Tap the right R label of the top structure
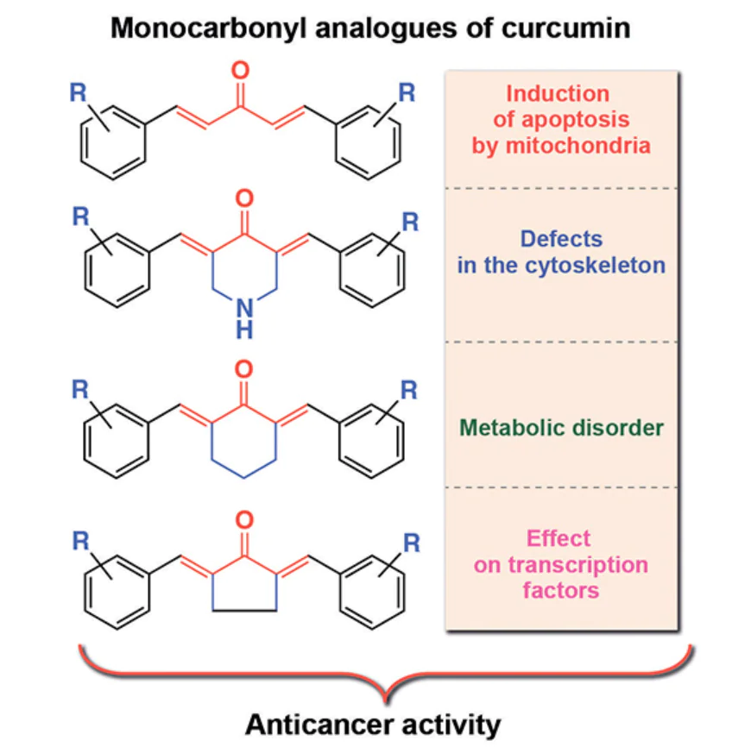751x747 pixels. pyautogui.click(x=407, y=92)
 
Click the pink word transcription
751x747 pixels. pyautogui.click(x=560, y=565)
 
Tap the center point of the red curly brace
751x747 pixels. pyautogui.click(x=386, y=690)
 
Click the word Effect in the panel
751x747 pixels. pyautogui.click(x=559, y=539)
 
